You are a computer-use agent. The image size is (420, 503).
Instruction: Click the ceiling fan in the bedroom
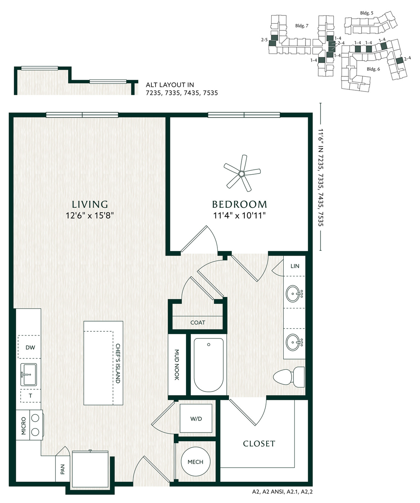pos(241,174)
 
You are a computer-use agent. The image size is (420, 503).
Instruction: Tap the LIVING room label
pos(90,204)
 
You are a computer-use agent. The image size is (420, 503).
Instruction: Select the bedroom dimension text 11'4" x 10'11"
pos(239,215)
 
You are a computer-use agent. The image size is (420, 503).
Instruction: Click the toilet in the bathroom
pos(289,377)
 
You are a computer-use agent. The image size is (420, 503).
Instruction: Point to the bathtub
pos(209,365)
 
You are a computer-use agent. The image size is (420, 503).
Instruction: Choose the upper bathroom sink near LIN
pos(294,293)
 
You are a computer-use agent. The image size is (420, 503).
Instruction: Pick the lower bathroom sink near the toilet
pos(294,342)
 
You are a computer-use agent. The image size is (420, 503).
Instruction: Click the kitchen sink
pos(29,374)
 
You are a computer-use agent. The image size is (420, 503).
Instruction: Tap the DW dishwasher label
pos(31,348)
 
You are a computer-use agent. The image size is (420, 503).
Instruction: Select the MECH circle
pos(195,462)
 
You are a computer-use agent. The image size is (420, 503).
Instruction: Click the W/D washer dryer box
pos(196,418)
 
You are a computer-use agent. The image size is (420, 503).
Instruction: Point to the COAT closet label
pos(198,323)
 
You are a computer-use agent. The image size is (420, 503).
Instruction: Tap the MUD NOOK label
pos(177,365)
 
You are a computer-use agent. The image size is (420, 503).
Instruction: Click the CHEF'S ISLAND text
pos(118,363)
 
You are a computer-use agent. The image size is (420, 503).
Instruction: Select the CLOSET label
pos(259,444)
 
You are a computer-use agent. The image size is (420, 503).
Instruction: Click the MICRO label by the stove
pos(23,426)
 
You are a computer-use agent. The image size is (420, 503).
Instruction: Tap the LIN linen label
pos(295,266)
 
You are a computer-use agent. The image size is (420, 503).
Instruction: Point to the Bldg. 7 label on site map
pos(302,26)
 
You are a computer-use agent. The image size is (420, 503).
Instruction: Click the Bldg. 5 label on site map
pos(367,13)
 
